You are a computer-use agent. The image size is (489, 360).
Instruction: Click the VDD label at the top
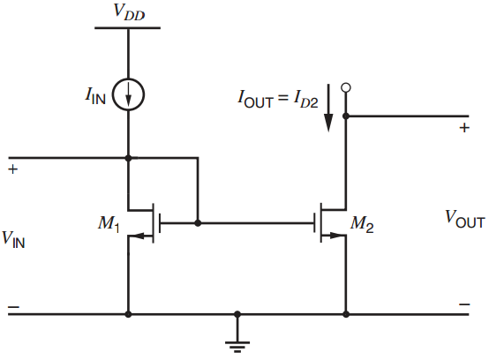[129, 11]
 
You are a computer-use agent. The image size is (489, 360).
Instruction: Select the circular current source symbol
[129, 96]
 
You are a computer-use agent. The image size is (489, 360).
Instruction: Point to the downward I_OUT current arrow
[328, 108]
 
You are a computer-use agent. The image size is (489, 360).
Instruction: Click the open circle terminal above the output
[346, 87]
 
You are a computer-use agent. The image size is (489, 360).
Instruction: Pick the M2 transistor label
[363, 224]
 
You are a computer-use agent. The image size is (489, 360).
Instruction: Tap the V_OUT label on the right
[464, 217]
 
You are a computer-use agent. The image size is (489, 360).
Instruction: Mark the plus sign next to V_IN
[12, 167]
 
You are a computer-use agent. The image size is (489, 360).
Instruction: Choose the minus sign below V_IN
[12, 307]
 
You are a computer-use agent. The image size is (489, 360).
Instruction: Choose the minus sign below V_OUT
[463, 306]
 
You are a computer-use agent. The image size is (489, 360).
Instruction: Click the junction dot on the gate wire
[198, 223]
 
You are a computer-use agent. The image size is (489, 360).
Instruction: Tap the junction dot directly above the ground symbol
[237, 314]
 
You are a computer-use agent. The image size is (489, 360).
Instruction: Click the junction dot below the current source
[129, 158]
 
